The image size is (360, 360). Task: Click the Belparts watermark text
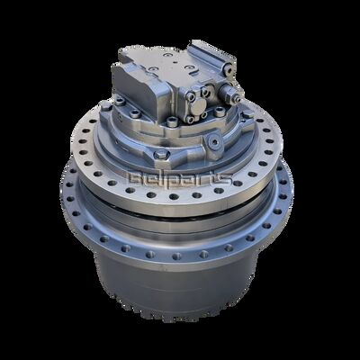click(x=181, y=180)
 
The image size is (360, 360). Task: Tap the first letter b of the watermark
click(x=136, y=179)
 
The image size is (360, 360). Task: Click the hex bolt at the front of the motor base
click(x=161, y=155)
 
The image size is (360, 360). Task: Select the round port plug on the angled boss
click(x=215, y=141)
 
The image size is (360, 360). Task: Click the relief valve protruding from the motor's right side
click(x=231, y=92)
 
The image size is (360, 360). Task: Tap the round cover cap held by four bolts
click(x=198, y=106)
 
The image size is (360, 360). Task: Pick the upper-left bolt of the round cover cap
click(x=191, y=96)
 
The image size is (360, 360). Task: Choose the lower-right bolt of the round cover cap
click(x=204, y=115)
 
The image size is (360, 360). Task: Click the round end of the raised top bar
click(x=228, y=68)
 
